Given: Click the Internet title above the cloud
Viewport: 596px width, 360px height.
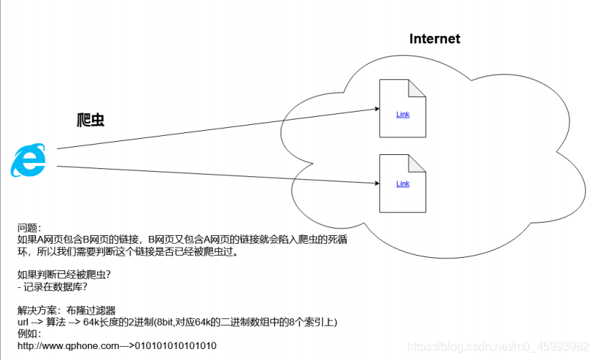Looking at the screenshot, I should pos(434,39).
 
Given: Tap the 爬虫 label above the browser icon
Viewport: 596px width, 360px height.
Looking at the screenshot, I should pos(91,120).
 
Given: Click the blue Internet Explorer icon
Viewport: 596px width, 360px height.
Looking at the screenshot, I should pos(28,160).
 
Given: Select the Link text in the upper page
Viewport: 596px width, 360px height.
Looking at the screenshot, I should pos(403,115).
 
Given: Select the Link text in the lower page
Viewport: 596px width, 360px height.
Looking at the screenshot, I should pos(403,184).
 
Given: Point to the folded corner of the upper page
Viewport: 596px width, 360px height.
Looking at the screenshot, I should pos(417,88).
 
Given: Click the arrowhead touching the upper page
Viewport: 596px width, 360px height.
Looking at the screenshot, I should pos(375,109).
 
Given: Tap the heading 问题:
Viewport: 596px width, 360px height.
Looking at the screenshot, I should pos(30,228).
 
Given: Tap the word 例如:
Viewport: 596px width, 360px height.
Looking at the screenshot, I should pos(30,334).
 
